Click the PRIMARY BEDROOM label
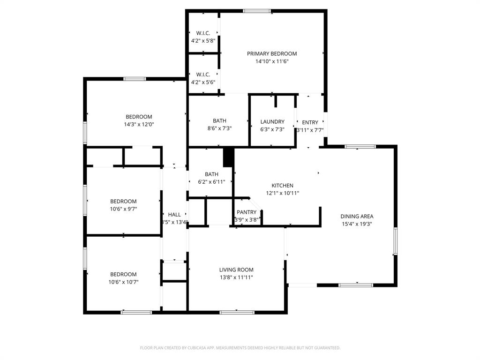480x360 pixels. click(272, 53)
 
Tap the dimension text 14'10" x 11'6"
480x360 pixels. click(272, 61)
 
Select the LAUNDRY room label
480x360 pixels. click(272, 121)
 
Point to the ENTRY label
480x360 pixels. click(310, 122)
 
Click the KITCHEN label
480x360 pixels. click(283, 186)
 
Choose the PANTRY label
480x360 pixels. click(247, 212)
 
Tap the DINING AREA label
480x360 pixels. click(357, 217)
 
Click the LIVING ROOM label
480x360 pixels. click(236, 270)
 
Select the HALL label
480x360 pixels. click(174, 215)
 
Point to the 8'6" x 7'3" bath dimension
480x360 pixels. click(219, 128)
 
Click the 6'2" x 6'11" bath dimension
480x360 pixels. click(211, 182)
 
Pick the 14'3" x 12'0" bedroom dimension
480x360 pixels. click(139, 125)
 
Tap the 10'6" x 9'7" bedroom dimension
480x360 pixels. click(123, 209)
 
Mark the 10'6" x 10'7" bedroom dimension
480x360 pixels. click(123, 282)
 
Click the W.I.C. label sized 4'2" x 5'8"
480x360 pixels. click(203, 33)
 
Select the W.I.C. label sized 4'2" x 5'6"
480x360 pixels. click(203, 74)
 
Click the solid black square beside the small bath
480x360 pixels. click(228, 157)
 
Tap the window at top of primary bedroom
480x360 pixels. click(257, 11)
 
